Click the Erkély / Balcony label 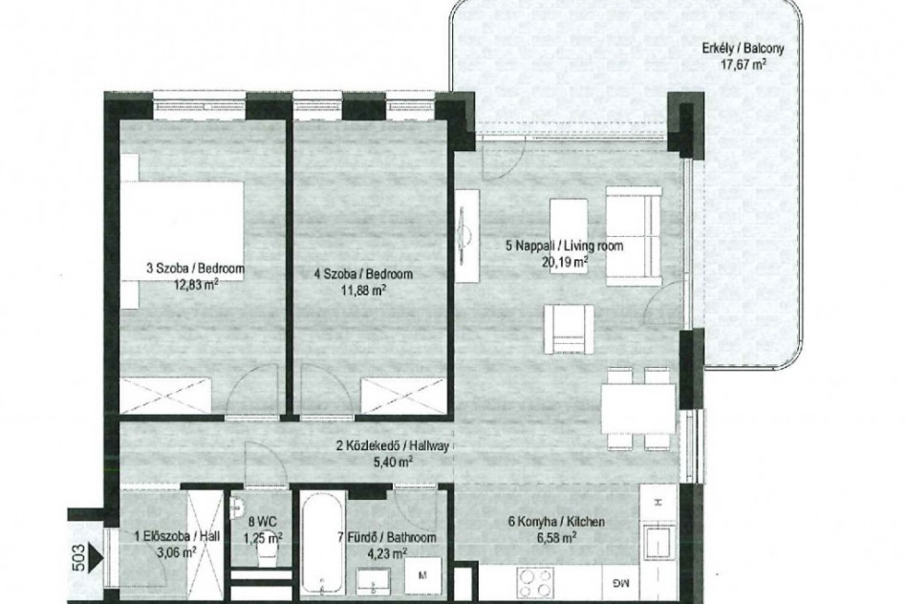(x=744, y=48)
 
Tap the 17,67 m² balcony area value (x=744, y=64)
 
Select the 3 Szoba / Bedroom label (x=195, y=269)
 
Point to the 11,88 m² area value (x=363, y=289)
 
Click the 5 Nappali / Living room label (x=565, y=246)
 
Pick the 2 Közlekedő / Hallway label (x=393, y=445)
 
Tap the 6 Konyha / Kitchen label (x=556, y=522)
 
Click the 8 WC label (x=258, y=522)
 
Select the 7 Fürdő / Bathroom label (x=387, y=537)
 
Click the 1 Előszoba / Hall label (x=177, y=536)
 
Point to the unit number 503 (x=79, y=557)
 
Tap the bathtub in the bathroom (x=324, y=542)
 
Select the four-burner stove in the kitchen (x=535, y=583)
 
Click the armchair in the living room (x=569, y=329)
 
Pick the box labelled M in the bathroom (x=422, y=575)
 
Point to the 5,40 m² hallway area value (x=393, y=462)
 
